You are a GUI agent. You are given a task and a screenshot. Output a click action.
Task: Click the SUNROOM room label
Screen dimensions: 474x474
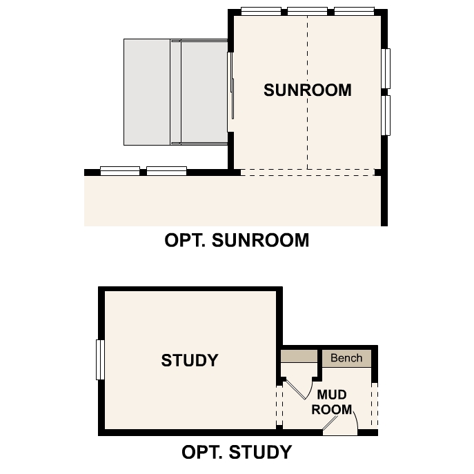pos(307,90)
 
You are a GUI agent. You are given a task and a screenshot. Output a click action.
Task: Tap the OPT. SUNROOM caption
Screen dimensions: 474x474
pos(237,240)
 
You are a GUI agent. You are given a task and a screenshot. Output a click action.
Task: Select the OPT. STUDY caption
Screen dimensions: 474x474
pos(237,452)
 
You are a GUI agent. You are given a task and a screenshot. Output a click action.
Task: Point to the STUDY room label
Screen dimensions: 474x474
pos(190,360)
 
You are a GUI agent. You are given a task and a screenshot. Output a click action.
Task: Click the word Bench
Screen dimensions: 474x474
pos(346,358)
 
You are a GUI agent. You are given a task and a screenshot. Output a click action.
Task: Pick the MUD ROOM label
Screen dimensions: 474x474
pos(332,402)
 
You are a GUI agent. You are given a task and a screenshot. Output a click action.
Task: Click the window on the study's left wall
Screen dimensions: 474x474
pos(100,359)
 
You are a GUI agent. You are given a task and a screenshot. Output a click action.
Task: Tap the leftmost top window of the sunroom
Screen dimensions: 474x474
pos(261,11)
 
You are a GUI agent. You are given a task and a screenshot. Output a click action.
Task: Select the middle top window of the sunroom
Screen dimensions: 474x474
pos(307,11)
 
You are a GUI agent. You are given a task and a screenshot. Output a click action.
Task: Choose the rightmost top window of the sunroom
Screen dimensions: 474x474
pos(354,11)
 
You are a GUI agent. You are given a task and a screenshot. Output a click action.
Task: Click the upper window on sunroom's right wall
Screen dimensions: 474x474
pos(386,68)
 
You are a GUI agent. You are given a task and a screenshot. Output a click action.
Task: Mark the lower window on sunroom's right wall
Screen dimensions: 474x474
pos(386,116)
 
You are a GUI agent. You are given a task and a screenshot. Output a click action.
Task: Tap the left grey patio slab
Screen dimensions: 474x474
pos(147,92)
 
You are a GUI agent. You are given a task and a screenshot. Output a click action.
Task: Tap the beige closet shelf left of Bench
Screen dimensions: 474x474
pos(299,357)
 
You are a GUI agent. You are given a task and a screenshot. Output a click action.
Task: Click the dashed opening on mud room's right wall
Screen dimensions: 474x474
pos(375,404)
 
